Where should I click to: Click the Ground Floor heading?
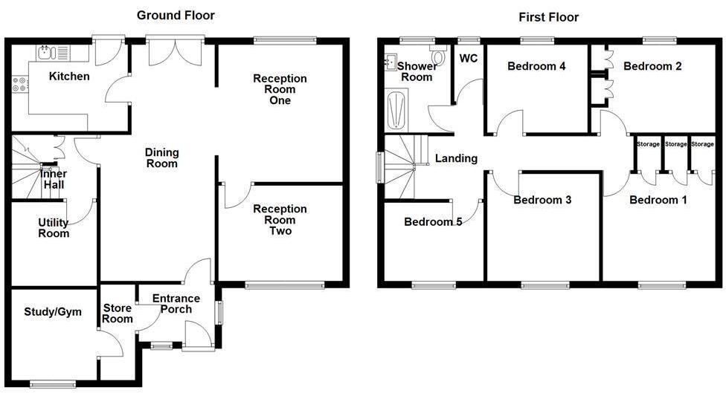[x=176, y=16]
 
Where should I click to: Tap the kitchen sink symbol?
[x=47, y=52]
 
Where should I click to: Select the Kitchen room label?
[x=69, y=77]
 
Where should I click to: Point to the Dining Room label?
[x=161, y=158]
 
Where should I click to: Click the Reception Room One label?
[x=280, y=89]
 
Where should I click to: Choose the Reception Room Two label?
[x=280, y=220]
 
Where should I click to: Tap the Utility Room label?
[x=54, y=228]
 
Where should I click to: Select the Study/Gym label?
[x=53, y=311]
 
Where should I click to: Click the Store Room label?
[x=118, y=314]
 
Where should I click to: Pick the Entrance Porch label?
[x=172, y=304]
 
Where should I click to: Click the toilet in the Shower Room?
[x=438, y=56]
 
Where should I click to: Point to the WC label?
[x=469, y=59]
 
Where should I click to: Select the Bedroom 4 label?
[x=536, y=66]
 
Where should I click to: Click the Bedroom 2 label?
[x=652, y=66]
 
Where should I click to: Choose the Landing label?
[x=456, y=158]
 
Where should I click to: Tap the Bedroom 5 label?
[x=433, y=221]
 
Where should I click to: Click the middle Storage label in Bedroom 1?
[x=676, y=143]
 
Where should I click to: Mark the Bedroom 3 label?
[x=542, y=200]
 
